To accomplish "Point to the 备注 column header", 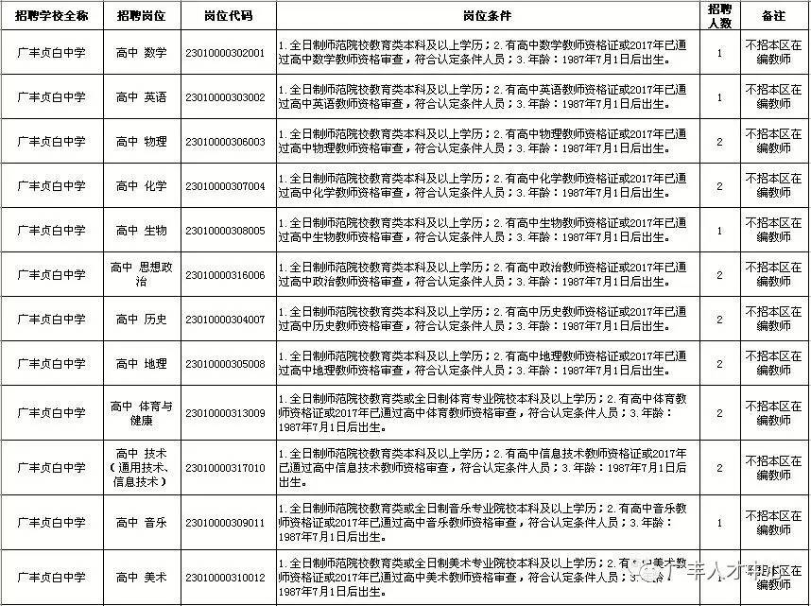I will pos(773,16).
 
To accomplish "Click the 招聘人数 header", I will pos(719,16).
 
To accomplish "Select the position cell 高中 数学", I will pos(141,53).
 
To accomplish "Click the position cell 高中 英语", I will pos(141,97).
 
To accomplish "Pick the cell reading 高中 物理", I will pos(141,142).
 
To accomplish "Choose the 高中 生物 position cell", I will pos(141,231).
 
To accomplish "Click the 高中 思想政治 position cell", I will pos(141,275).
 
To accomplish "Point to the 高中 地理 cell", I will pos(141,364).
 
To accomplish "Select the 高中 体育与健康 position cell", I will pos(141,413).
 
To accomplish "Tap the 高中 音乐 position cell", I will pos(141,522).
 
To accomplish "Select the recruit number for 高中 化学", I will pos(719,186).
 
